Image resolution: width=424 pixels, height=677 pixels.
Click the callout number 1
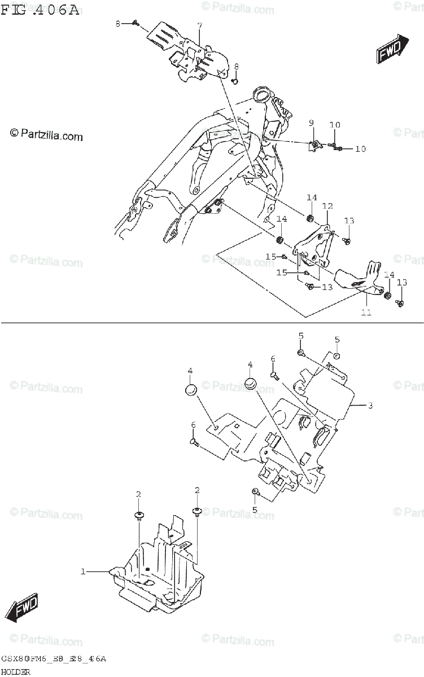82,572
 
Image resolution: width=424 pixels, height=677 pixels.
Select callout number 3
370,405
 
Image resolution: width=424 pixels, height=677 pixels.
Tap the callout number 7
199,27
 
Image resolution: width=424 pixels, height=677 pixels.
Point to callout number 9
311,123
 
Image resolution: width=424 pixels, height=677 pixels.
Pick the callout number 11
366,312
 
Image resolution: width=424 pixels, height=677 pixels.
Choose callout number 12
327,206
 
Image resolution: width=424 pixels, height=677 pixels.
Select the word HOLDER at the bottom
16,671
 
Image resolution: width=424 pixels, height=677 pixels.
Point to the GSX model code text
54,659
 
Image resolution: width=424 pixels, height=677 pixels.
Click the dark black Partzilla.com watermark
46,135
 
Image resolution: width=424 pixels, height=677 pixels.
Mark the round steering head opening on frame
261,93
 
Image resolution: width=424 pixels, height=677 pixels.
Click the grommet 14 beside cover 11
387,296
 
